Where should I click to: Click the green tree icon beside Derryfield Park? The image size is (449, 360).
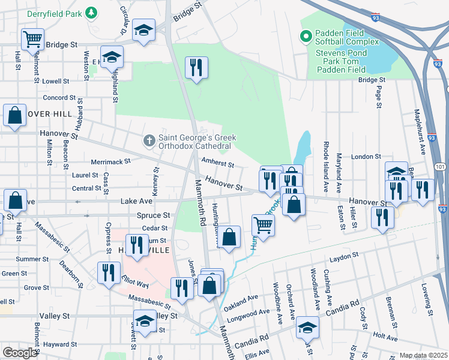91,12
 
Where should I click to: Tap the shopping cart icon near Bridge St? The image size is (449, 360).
32,39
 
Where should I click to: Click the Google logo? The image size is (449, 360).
19,353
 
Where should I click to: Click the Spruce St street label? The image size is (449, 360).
154,215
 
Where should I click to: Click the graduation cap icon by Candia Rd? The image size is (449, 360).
307,328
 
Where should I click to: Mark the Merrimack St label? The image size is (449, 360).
110,161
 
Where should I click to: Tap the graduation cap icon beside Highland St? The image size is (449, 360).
112,57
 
